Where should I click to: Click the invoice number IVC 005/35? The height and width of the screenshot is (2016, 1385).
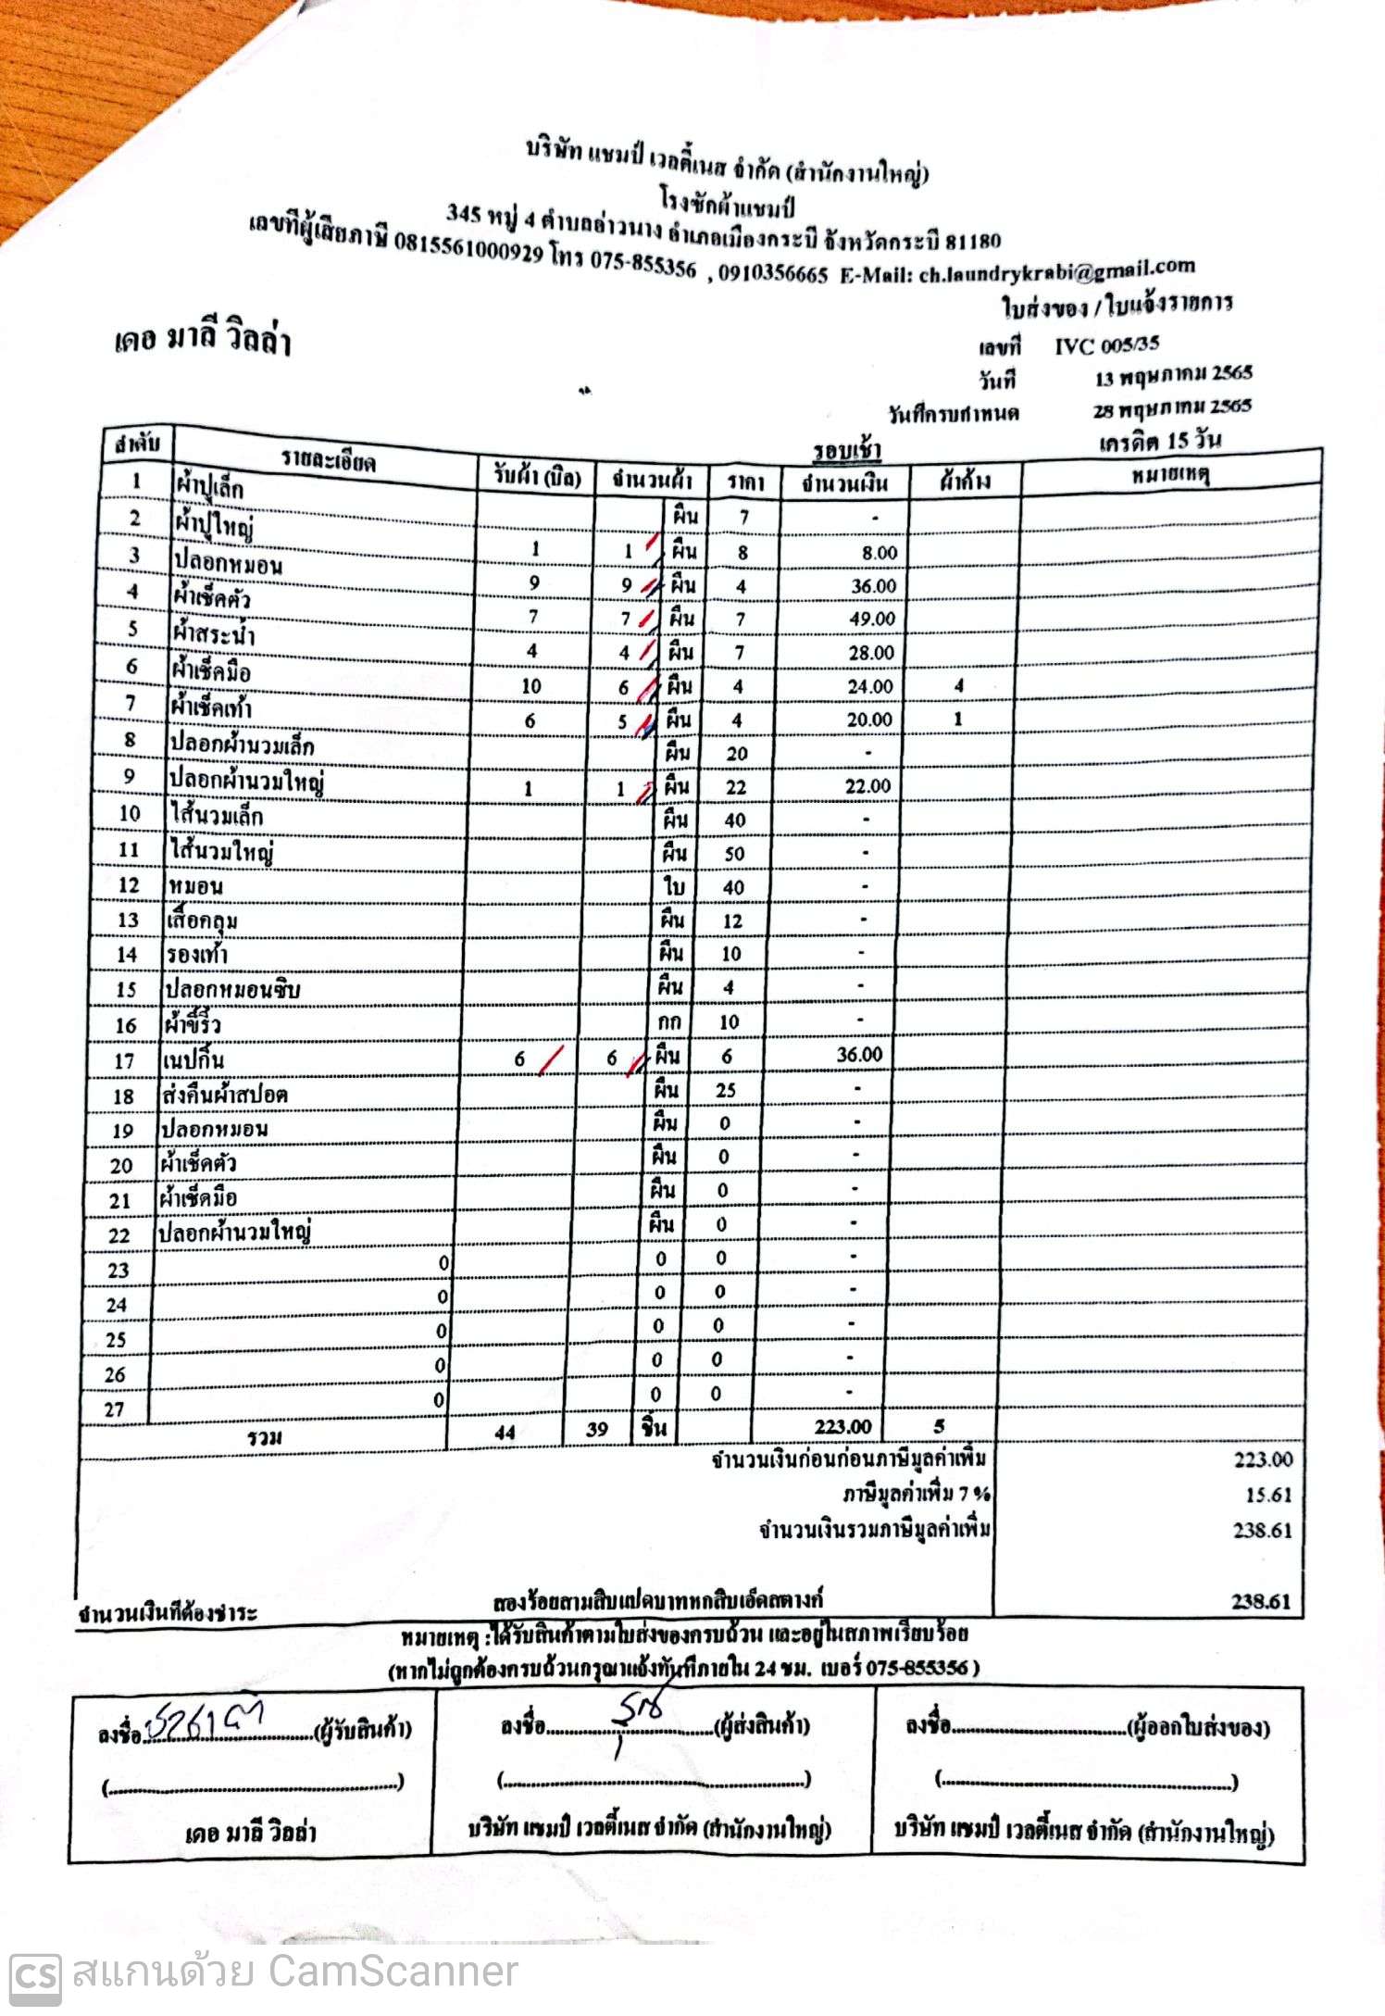(1106, 346)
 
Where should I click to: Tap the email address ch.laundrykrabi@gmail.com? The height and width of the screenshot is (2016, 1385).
(1056, 270)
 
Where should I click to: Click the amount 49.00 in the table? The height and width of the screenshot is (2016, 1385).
(872, 619)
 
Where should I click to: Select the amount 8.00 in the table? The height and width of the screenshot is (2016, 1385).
(879, 553)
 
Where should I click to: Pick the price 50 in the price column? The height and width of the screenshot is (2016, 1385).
(734, 854)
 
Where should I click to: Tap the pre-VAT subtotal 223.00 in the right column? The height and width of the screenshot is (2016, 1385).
(1263, 1460)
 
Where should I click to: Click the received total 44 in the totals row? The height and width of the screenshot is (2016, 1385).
(505, 1433)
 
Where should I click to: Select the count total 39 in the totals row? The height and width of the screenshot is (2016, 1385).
(597, 1429)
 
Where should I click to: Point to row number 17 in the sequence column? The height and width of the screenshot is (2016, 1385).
(124, 1061)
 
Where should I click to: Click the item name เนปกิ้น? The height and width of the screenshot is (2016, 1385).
(193, 1059)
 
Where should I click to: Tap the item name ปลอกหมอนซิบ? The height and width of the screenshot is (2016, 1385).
(232, 989)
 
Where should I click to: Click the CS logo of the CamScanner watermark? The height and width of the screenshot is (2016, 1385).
(35, 1973)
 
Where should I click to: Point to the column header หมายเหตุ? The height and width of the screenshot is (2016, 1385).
(1170, 476)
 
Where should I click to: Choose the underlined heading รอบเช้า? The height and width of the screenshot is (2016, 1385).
(846, 451)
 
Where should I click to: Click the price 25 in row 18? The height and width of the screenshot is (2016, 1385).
(726, 1090)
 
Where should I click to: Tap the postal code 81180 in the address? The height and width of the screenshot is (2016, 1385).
(973, 242)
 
